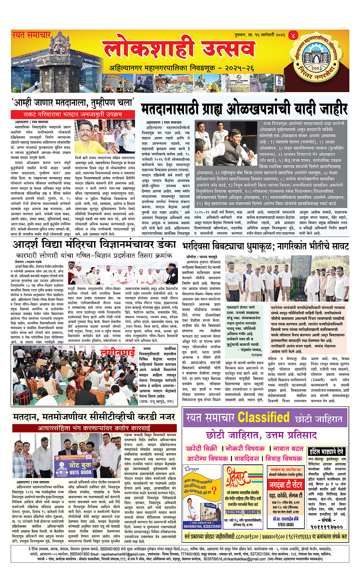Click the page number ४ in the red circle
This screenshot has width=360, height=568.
coord(293,35)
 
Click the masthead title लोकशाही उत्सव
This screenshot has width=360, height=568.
coord(179,50)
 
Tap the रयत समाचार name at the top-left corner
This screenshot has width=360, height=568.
coord(31,35)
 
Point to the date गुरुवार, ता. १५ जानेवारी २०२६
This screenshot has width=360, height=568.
coord(260,35)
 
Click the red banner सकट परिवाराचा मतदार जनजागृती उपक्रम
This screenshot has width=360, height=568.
coord(73,114)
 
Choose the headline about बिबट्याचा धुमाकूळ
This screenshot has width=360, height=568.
coord(265,246)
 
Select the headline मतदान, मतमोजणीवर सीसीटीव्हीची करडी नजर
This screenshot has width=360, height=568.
coord(94,418)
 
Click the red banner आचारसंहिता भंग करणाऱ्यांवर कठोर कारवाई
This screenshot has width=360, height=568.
coord(94,428)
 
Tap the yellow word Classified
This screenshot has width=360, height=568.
coord(264,418)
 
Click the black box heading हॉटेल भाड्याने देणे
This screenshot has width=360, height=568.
coord(326,451)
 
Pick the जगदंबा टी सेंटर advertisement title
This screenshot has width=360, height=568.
coord(286,485)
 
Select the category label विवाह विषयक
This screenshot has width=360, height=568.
coord(284,458)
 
